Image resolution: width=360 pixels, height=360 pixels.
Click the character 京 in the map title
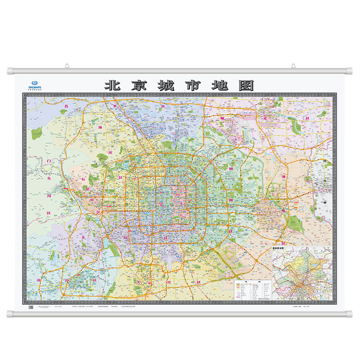tap(139, 85)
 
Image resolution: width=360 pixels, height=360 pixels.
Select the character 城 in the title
tap(165, 85)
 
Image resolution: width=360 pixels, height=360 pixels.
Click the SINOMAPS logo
tap(34, 81)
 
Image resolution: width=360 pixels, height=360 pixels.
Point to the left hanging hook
tap(67, 67)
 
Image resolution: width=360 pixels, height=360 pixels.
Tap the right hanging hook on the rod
tap(293, 67)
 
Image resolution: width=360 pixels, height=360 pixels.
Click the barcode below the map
tap(31, 307)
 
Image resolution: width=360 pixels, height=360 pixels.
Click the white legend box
tap(252, 290)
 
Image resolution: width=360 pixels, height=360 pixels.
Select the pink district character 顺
tap(221, 118)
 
